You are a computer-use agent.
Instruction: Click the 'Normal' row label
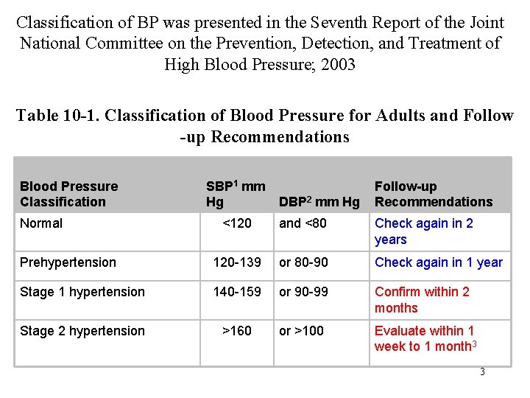41,223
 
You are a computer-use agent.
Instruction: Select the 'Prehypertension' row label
68,262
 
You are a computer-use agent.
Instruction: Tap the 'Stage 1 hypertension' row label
82,292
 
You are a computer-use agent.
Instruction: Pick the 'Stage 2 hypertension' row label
82,331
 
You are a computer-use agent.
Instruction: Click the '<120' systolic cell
236,223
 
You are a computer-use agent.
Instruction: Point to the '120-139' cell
236,262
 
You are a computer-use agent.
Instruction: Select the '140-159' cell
236,292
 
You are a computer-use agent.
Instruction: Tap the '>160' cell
236,331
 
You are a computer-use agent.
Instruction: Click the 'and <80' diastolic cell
303,223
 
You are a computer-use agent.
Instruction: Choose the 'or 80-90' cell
304,262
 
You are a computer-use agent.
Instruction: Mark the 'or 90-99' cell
303,292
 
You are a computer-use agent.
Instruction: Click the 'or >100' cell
301,331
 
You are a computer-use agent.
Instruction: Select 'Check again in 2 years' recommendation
424,231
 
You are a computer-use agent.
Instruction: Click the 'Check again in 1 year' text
439,262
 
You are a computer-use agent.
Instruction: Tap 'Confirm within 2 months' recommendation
422,300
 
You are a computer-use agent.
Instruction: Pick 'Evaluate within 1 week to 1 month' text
425,339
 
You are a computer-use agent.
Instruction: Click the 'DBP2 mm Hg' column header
319,202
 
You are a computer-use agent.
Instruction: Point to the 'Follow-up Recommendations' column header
434,194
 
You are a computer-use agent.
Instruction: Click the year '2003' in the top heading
335,64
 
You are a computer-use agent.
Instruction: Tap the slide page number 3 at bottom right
482,372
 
